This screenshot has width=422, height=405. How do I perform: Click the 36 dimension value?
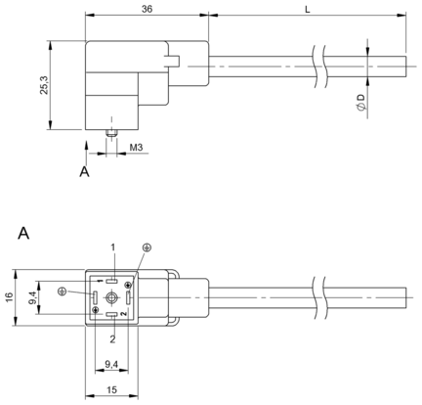tap(147, 9)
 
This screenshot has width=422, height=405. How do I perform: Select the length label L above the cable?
tap(308, 10)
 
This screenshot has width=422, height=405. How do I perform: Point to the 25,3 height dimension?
tap(44, 85)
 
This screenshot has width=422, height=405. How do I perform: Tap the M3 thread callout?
tap(136, 148)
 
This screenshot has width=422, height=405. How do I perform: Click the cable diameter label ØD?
tap(360, 102)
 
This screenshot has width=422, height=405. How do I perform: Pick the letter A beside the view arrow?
tap(84, 171)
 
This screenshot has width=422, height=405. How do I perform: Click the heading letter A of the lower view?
tap(23, 234)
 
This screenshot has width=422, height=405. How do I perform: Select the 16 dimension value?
tap(10, 297)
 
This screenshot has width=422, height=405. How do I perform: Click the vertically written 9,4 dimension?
tap(32, 298)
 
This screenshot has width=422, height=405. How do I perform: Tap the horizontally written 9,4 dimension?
tap(111, 365)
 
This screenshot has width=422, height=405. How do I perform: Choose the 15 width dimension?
tap(111, 390)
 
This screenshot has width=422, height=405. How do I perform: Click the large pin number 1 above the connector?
tap(113, 247)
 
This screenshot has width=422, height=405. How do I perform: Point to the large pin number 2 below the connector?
tap(112, 339)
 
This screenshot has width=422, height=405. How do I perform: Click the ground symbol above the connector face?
tap(147, 247)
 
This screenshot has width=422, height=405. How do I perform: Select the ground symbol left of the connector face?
tap(63, 292)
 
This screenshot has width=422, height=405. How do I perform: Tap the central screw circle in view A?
tap(111, 297)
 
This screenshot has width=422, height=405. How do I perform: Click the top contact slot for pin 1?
tap(111, 280)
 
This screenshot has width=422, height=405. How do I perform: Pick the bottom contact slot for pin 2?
tap(111, 315)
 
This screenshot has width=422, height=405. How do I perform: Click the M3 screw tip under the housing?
tap(111, 133)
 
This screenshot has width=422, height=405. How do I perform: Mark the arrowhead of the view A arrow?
tap(86, 145)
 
